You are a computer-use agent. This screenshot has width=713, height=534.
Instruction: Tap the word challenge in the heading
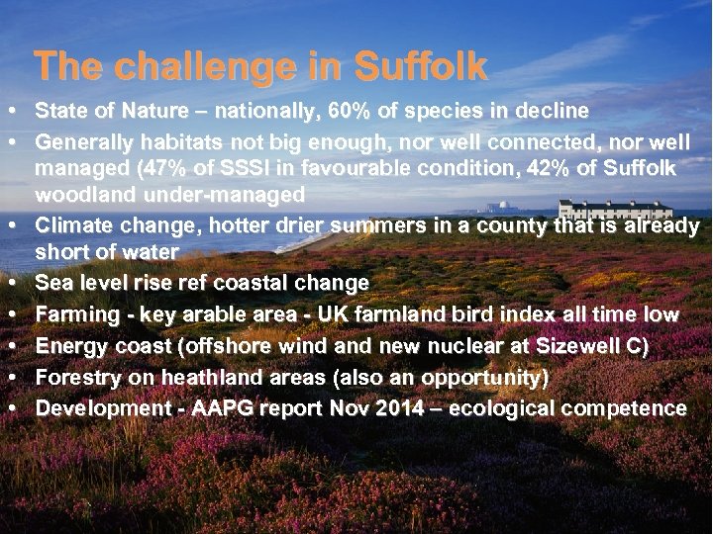tap(192, 66)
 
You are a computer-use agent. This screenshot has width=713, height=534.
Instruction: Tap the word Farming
tap(80, 314)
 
